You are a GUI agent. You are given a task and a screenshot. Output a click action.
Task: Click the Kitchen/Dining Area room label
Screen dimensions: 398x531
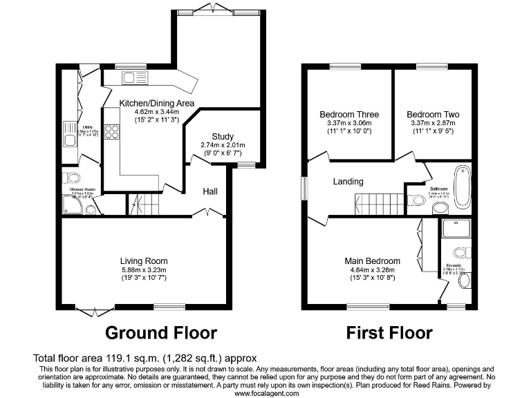tap(156, 103)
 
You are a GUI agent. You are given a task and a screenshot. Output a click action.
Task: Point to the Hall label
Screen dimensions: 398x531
tap(211, 191)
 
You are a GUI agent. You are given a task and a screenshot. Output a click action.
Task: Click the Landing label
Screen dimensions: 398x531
tap(348, 182)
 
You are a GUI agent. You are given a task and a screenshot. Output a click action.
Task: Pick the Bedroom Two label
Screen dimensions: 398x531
tap(433, 115)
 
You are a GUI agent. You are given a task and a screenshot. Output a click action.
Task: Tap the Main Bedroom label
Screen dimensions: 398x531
tap(373, 260)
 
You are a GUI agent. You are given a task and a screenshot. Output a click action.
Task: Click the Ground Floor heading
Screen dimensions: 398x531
tap(160, 333)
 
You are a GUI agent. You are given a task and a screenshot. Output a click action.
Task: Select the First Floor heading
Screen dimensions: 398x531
tap(390, 333)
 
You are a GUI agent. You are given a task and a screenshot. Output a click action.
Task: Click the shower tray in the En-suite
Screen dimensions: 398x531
tap(458, 228)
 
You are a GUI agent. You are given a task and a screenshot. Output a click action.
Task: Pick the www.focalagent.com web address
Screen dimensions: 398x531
tap(266, 393)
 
